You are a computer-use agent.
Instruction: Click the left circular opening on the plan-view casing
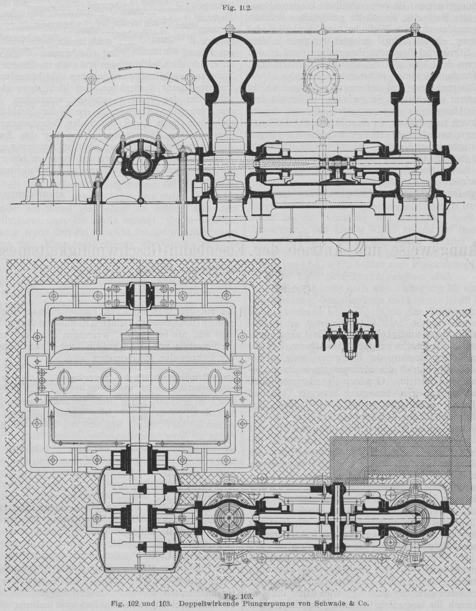111,380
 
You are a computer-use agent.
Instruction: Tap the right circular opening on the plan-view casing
169,380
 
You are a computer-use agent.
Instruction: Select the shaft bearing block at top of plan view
139,295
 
